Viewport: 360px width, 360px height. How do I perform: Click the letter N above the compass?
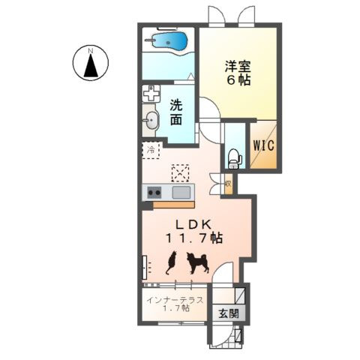point(91,50)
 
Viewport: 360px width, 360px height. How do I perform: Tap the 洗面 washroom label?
point(177,113)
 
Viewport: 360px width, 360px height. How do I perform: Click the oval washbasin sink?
point(151,121)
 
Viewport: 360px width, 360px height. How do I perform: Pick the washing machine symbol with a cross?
point(152,95)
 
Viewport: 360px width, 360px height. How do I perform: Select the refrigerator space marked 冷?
point(150,150)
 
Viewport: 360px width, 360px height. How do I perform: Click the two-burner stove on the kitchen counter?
point(155,193)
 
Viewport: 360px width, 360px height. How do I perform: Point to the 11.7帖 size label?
point(193,238)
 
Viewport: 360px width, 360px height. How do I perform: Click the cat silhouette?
point(170,262)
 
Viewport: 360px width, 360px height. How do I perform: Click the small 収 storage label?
point(226,181)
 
